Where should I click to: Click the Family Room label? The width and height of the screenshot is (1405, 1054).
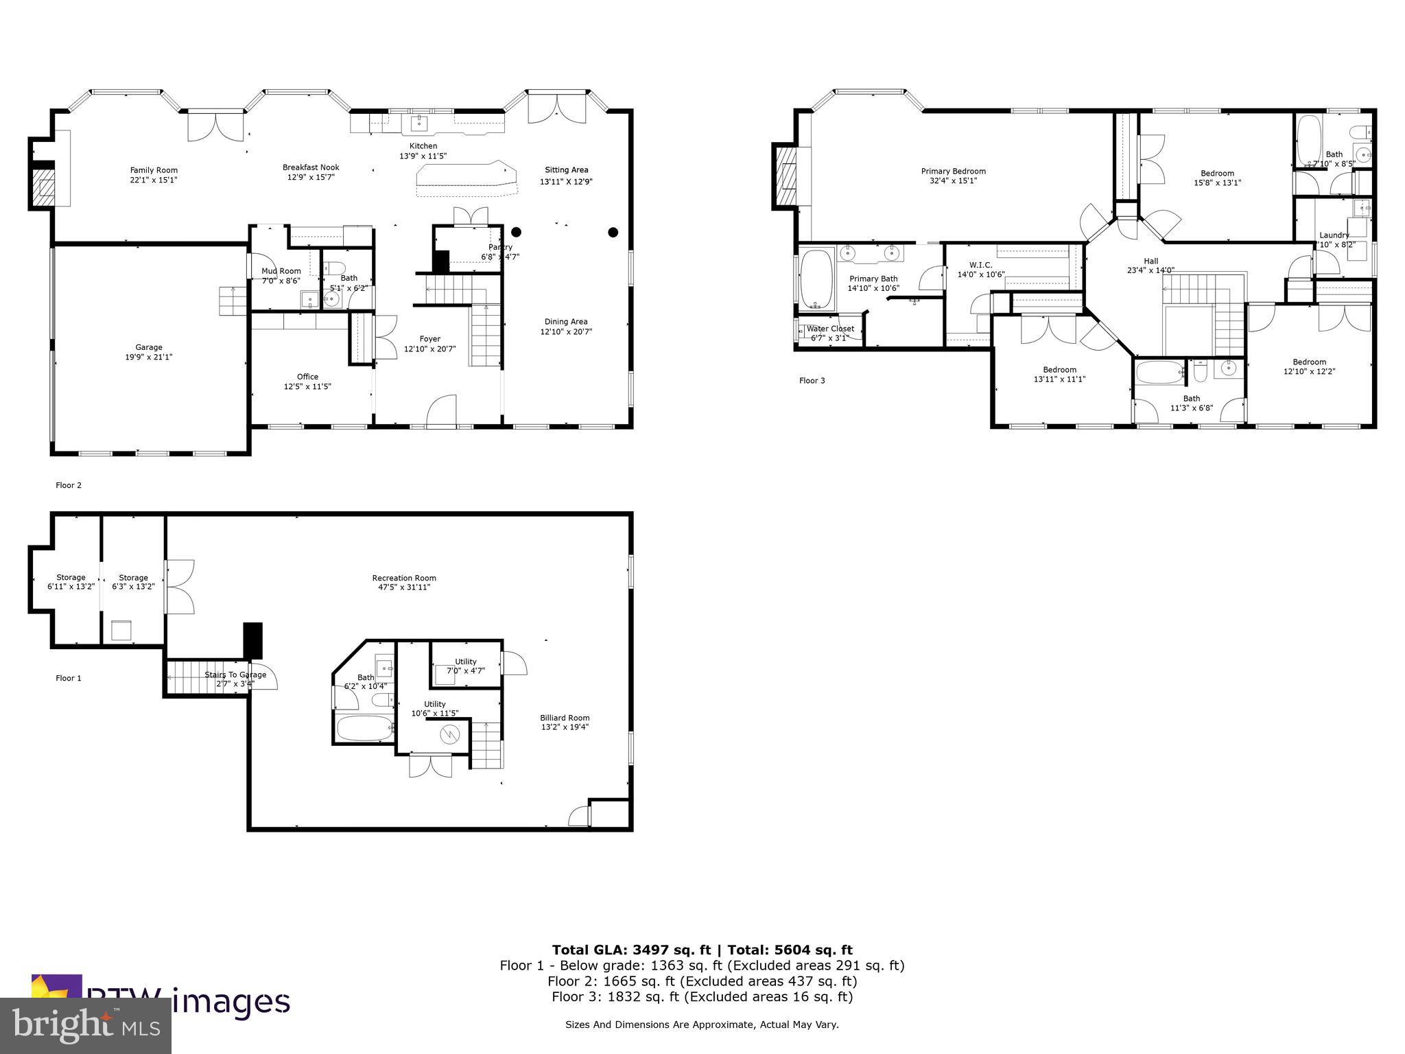(154, 170)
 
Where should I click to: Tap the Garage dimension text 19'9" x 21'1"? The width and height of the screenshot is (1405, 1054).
(148, 357)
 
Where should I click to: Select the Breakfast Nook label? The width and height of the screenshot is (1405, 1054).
(311, 167)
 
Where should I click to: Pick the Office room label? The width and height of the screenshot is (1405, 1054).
(307, 377)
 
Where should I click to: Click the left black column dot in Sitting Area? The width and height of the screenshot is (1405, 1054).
(516, 232)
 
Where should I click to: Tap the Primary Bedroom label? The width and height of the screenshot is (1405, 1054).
(953, 172)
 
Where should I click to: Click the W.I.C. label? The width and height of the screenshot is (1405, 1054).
(980, 265)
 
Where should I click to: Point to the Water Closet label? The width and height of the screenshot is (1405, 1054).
(830, 329)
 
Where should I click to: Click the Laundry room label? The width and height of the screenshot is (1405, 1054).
(1334, 235)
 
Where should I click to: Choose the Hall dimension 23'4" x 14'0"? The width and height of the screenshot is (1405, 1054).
(1150, 270)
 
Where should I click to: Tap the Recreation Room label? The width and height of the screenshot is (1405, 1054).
(404, 578)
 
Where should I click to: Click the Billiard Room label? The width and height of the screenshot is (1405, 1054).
(565, 718)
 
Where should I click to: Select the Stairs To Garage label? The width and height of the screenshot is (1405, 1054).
(235, 675)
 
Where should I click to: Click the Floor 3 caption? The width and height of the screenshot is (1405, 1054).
(812, 380)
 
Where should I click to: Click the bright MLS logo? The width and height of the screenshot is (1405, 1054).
(85, 1025)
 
